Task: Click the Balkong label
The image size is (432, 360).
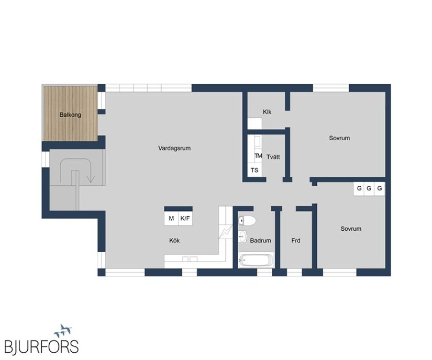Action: [70, 115]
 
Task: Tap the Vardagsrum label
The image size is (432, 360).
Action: [174, 148]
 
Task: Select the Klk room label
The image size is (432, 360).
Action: [267, 111]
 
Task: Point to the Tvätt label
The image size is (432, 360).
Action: [273, 156]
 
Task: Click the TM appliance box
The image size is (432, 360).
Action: [258, 156]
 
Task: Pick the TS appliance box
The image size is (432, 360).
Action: [254, 171]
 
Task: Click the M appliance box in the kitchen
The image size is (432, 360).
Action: [171, 218]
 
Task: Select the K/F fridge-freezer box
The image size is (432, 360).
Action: [185, 218]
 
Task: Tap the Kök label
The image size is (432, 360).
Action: [174, 241]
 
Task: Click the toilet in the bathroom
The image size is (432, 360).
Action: [247, 220]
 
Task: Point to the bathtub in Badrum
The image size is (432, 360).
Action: [256, 260]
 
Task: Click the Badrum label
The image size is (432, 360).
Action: [260, 241]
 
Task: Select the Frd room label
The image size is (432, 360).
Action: [295, 241]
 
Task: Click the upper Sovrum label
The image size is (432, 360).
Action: [339, 138]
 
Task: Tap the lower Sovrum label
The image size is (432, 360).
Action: [351, 229]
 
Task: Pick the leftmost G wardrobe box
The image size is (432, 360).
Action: [359, 188]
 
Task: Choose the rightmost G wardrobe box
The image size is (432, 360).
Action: [380, 188]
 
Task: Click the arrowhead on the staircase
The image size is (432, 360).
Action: [91, 179]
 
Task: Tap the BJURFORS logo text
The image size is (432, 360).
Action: [42, 346]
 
